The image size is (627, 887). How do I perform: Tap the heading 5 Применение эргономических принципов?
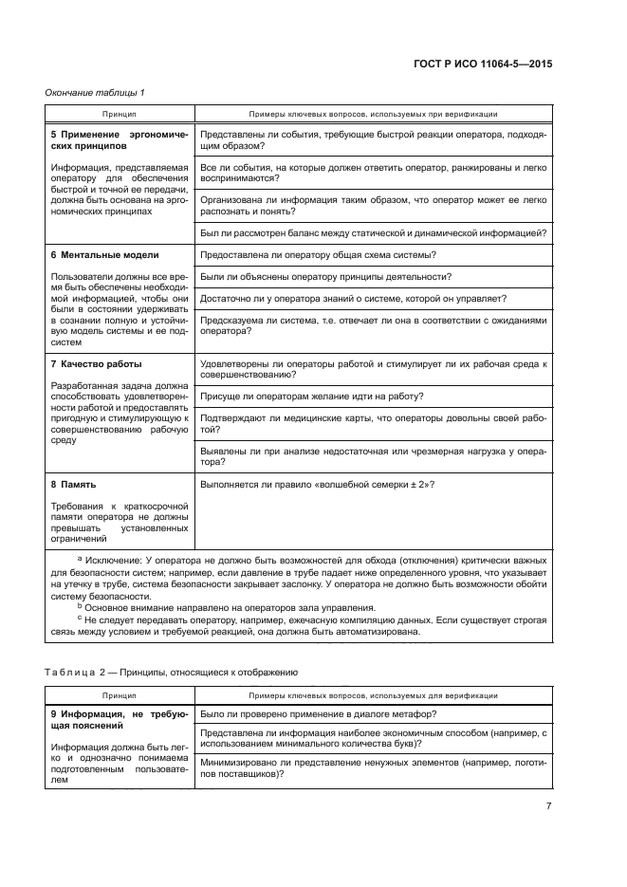(x=119, y=141)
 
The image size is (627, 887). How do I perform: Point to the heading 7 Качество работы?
(x=97, y=364)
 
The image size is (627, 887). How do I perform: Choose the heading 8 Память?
(x=76, y=484)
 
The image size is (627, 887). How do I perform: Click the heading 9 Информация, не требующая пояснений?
(x=119, y=718)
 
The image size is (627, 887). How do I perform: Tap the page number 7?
(x=548, y=805)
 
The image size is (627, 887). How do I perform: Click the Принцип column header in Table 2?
(x=120, y=694)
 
